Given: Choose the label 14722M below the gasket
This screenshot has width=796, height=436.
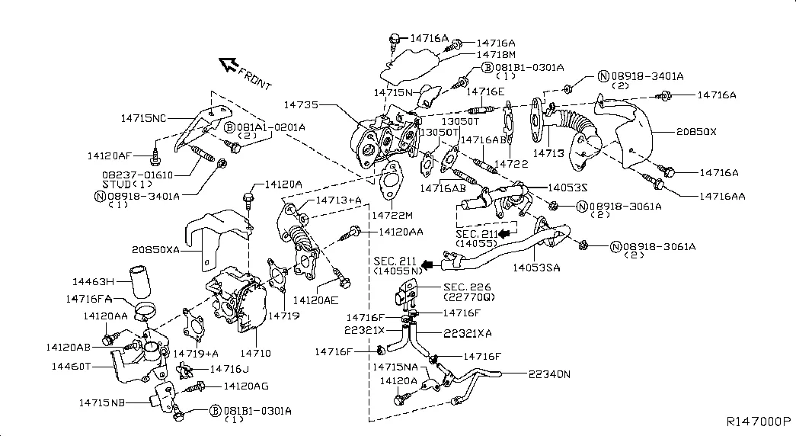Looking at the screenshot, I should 392,216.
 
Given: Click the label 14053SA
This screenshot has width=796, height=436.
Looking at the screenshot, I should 537,268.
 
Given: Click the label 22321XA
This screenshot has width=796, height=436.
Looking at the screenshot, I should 466,333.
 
